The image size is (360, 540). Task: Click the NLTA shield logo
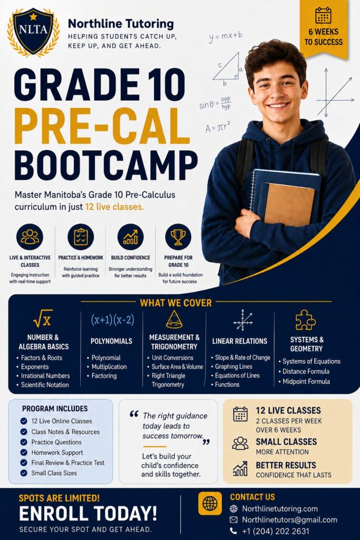(x=33, y=32)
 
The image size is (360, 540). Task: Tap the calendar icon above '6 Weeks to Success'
(x=323, y=15)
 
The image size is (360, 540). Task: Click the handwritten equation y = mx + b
(x=225, y=36)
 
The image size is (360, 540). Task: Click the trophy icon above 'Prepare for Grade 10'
(x=178, y=237)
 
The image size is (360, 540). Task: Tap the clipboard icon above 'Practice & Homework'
(x=81, y=237)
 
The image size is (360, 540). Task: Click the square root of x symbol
(x=43, y=319)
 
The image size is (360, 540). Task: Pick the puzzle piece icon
(x=305, y=320)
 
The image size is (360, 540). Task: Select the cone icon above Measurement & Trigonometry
(x=174, y=319)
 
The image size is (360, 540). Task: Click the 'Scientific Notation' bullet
(x=45, y=384)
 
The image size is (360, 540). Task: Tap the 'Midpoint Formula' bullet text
(x=306, y=382)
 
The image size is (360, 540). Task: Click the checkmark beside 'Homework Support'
(x=24, y=452)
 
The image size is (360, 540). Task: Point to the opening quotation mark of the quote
(x=134, y=414)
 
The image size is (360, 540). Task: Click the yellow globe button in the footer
(x=210, y=504)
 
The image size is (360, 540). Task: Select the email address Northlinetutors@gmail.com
(x=289, y=519)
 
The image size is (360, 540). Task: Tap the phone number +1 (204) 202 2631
(x=276, y=532)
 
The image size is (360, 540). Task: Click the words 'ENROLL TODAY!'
(x=88, y=514)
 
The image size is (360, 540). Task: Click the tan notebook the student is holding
(x=288, y=203)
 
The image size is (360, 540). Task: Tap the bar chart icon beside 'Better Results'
(x=240, y=469)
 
